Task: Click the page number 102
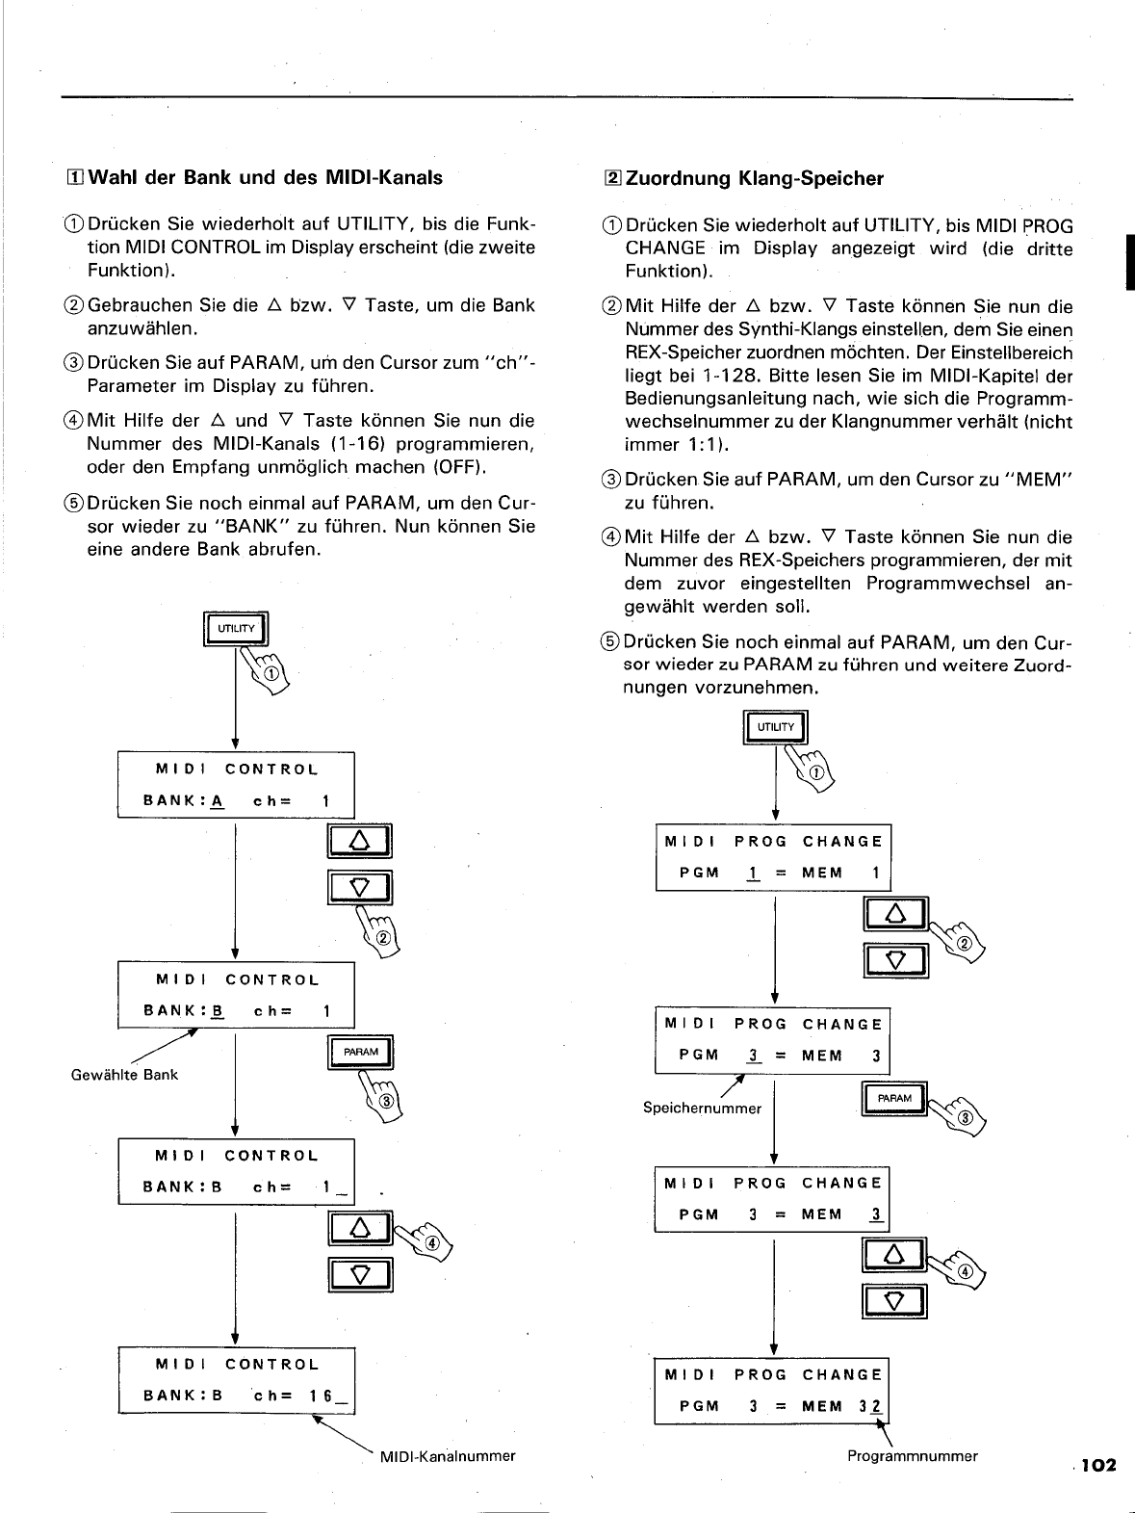[x=1097, y=1465]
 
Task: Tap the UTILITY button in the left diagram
[x=236, y=630]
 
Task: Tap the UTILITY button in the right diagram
[x=776, y=728]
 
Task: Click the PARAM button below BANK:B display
[x=360, y=1053]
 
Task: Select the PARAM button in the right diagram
[x=894, y=1099]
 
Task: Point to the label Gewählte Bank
[x=124, y=1075]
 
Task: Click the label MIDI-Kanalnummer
[x=448, y=1456]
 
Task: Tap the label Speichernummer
[x=702, y=1109]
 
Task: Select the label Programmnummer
[x=912, y=1456]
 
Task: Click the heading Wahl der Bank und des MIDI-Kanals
[x=261, y=177]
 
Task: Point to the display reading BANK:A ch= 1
[x=236, y=785]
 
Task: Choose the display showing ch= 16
[x=236, y=1380]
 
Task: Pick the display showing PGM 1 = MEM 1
[x=773, y=857]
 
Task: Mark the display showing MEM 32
[x=773, y=1391]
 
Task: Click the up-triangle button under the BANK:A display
[x=359, y=842]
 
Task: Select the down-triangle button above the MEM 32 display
[x=895, y=1303]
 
